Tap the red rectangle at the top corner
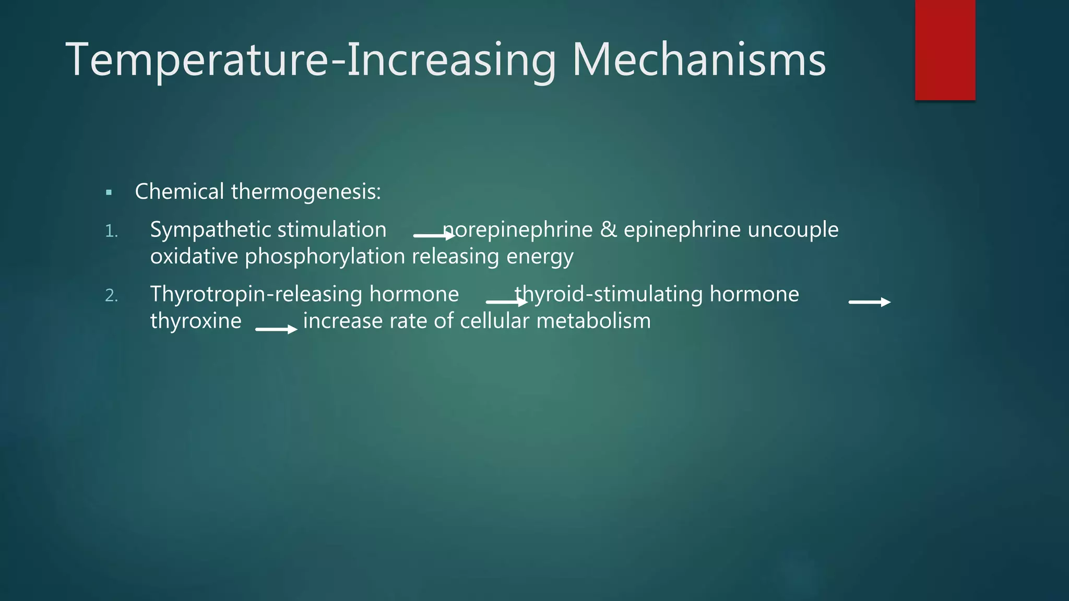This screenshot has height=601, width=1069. coord(945,50)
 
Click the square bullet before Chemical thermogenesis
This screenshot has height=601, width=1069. coord(109,193)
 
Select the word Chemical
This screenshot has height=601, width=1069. coord(179,191)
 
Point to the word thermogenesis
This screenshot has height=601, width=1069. coord(306,193)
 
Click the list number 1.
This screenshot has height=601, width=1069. coord(111,231)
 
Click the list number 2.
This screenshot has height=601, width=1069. coord(112,296)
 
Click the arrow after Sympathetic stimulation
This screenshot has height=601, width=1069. coord(433,236)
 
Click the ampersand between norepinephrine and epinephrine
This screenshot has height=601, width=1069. coord(608,230)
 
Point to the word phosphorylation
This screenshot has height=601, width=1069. coord(325,257)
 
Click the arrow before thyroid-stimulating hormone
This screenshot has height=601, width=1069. coord(506,302)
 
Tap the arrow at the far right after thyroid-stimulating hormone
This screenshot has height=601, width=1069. coord(869,302)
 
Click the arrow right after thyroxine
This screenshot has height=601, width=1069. coord(276,329)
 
